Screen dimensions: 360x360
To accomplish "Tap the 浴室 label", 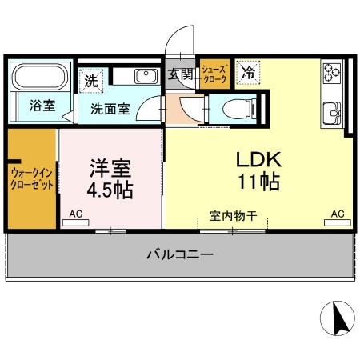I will pos(42,105).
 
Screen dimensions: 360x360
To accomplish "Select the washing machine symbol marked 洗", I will pos(91,79).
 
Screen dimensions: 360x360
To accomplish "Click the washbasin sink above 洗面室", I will pos(146,76).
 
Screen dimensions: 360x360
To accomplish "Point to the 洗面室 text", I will pos(110,110).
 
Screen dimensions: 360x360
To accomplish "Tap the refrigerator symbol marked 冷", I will pos(249,73).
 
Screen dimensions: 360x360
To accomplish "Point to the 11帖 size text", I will pos(258,182).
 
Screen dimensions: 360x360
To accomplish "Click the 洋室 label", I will pos(110,169).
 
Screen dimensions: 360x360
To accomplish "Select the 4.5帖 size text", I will pos(110,191).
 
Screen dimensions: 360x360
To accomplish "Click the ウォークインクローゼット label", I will pos(32,178).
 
